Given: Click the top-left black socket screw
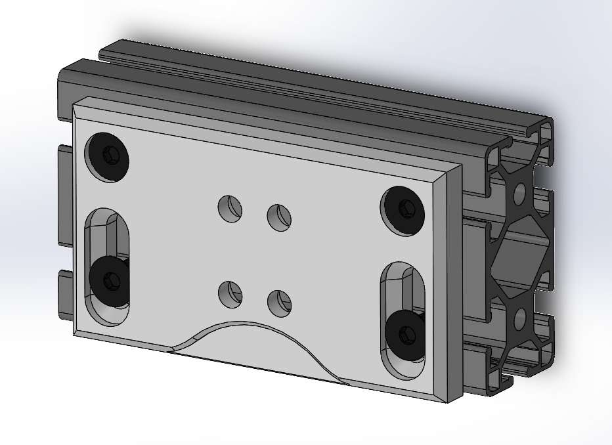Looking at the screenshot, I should pyautogui.click(x=108, y=157).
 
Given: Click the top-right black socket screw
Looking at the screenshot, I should pyautogui.click(x=403, y=209).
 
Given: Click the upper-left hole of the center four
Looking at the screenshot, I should pyautogui.click(x=230, y=208).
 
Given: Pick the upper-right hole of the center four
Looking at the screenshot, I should pyautogui.click(x=279, y=217).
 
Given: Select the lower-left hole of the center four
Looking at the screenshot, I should pyautogui.click(x=230, y=294).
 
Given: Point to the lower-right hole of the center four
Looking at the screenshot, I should pyautogui.click(x=279, y=303).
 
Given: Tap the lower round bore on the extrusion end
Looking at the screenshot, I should pyautogui.click(x=520, y=320).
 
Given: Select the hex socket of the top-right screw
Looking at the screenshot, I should pyautogui.click(x=406, y=207).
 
